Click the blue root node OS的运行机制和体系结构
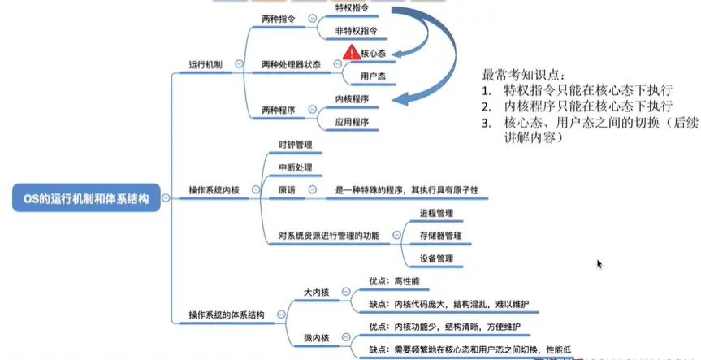point(86,198)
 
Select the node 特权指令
point(353,8)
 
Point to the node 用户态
point(373,76)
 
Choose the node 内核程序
point(352,99)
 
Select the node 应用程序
point(352,122)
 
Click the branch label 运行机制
point(205,63)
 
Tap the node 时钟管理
point(295,145)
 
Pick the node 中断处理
point(295,167)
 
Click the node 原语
point(287,190)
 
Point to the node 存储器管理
point(440,236)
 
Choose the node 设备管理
point(436,258)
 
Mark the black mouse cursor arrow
point(599,264)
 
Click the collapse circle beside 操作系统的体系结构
point(281,314)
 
